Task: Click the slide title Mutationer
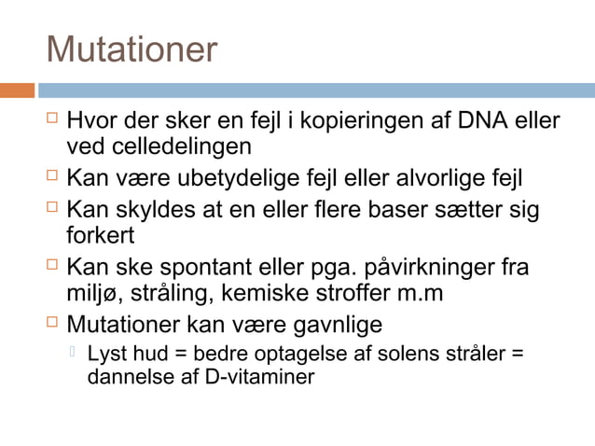coord(131,49)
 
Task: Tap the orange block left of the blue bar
coord(17,91)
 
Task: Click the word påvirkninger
coord(425,267)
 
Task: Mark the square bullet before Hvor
coord(53,119)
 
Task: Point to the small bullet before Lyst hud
coord(76,353)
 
